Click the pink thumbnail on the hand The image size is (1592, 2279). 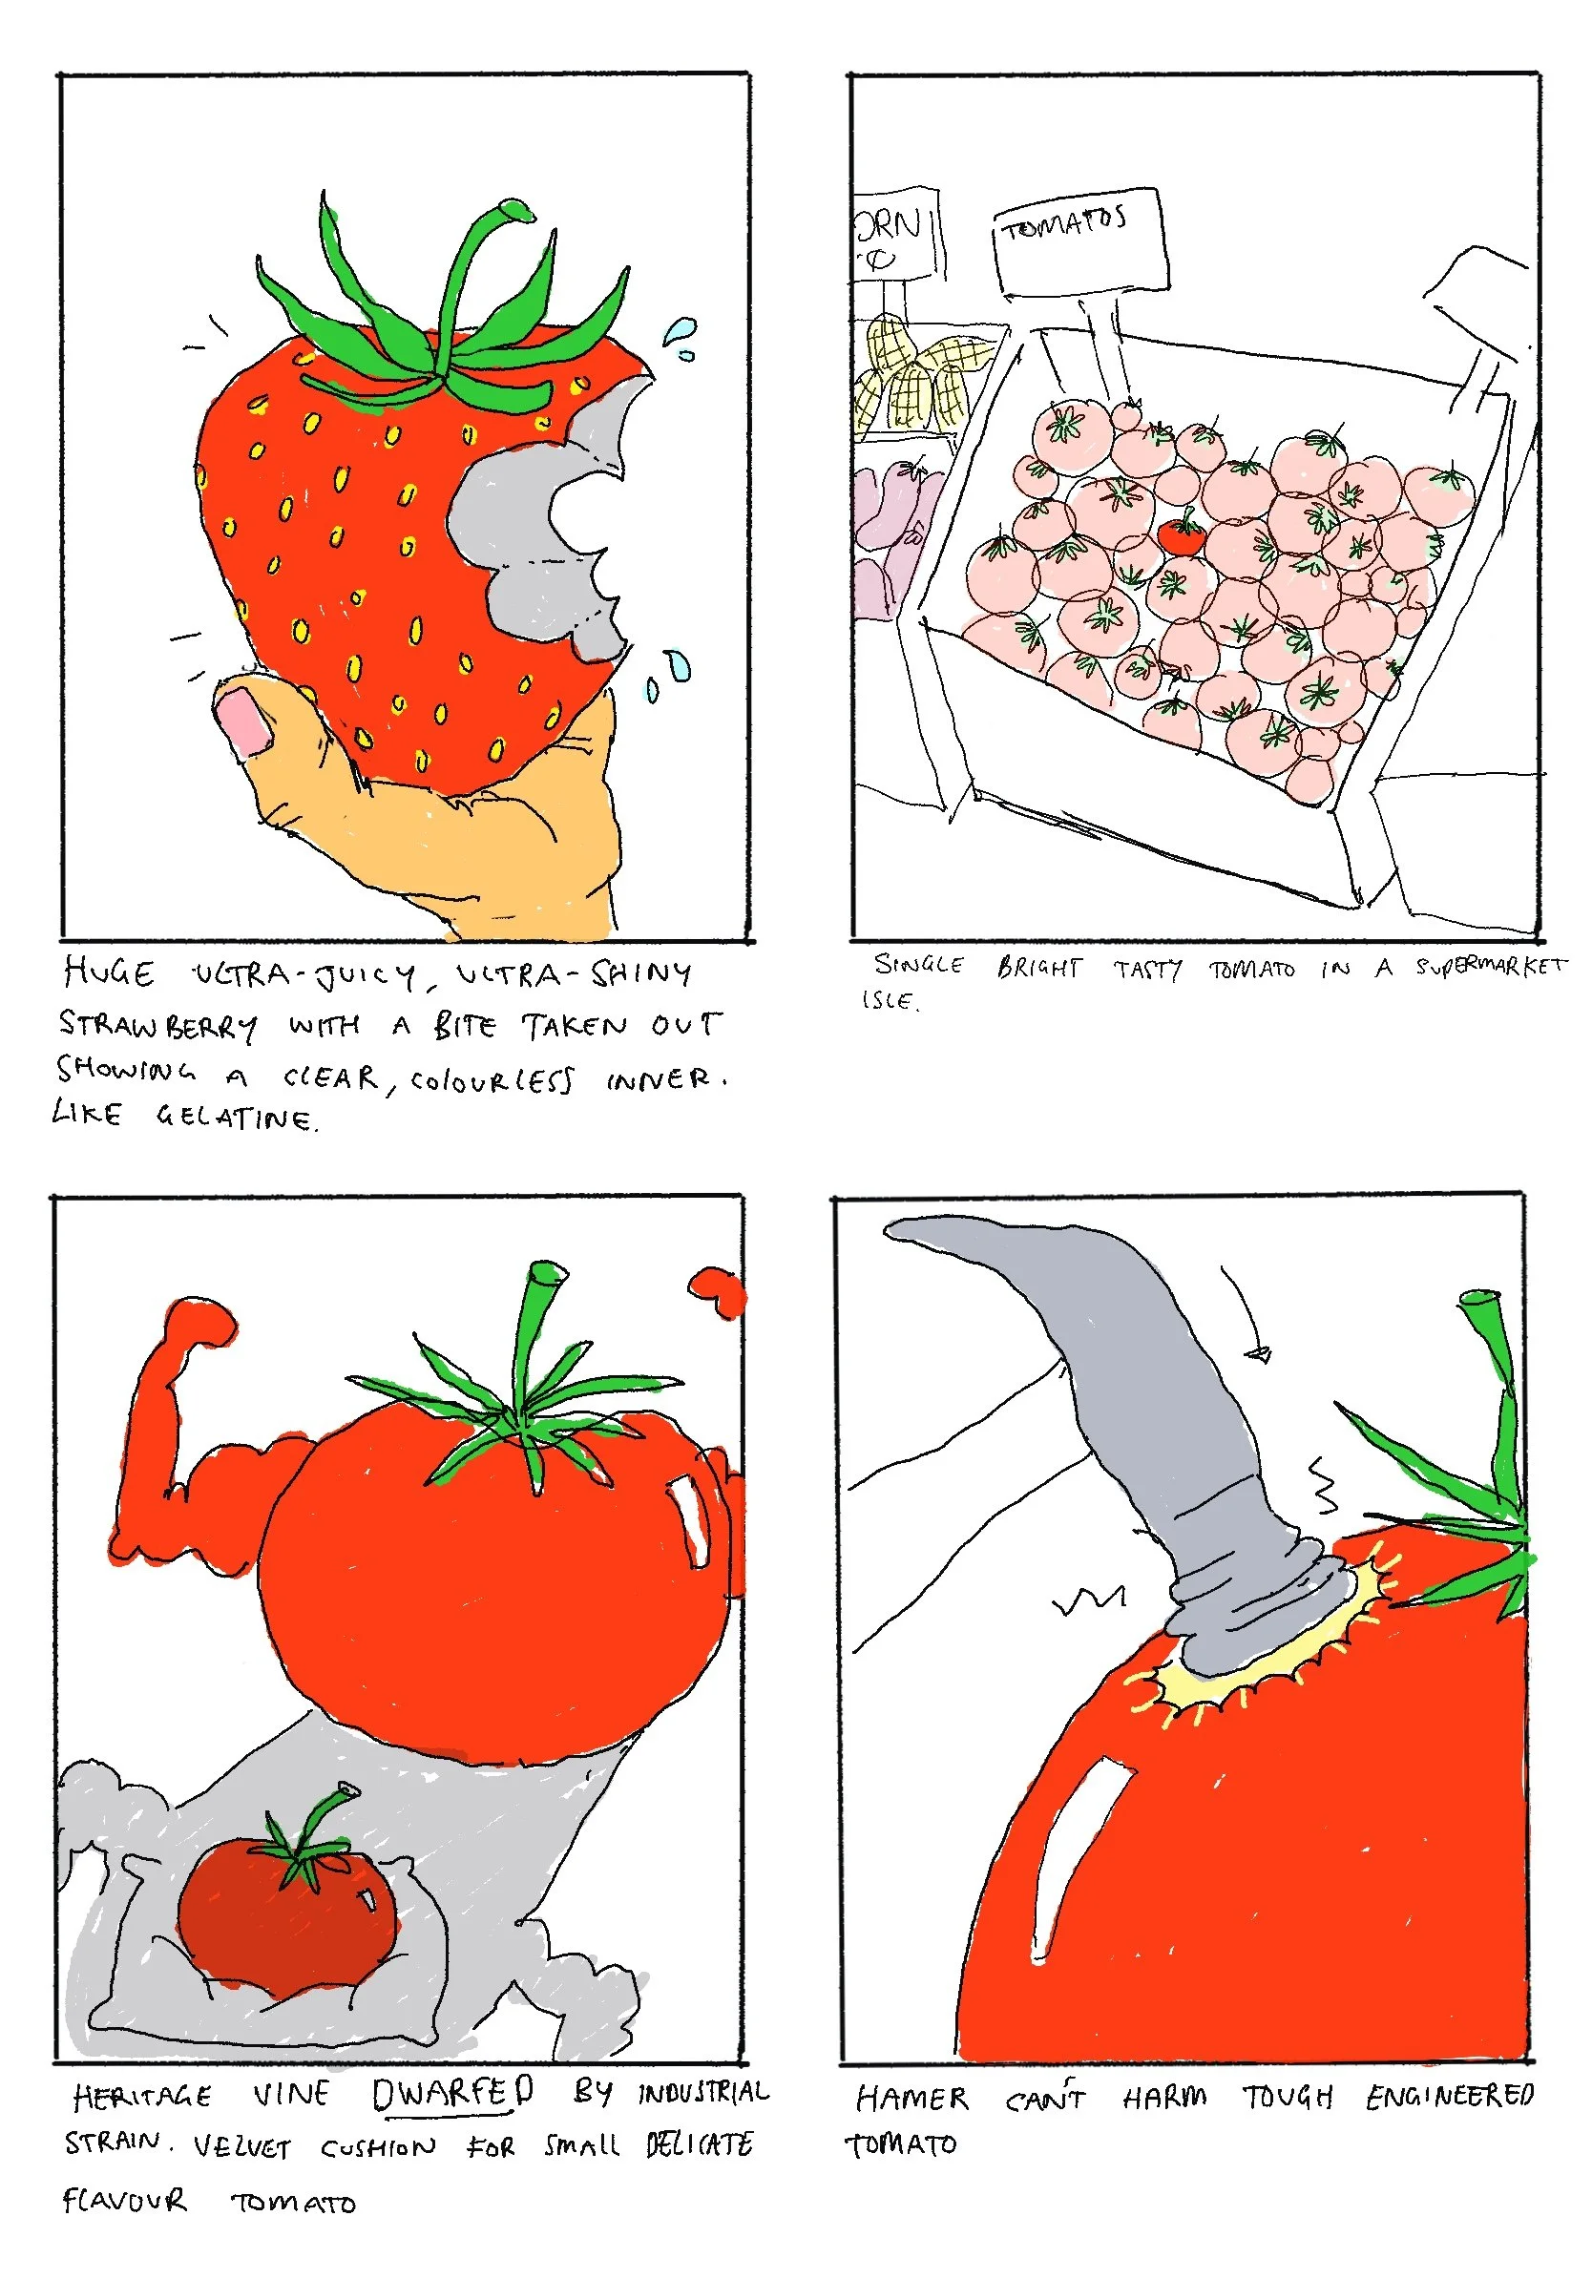pos(242,721)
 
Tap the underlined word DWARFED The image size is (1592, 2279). pos(452,2095)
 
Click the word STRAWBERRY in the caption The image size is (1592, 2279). pos(158,1025)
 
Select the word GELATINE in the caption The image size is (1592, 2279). pos(236,1119)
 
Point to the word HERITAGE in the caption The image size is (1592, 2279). pos(142,2097)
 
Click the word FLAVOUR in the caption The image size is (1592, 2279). pos(123,2202)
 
